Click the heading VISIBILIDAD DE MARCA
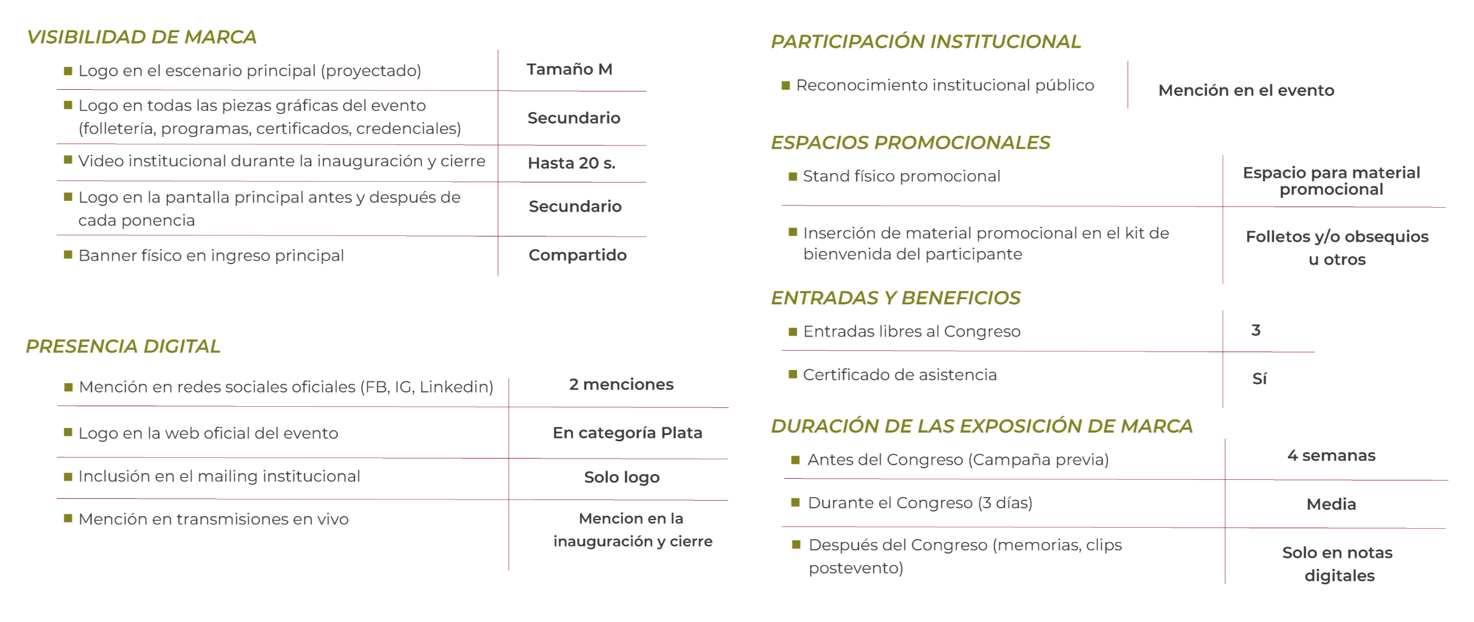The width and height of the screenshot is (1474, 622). pos(142,37)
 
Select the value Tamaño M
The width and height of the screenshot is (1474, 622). pos(569,70)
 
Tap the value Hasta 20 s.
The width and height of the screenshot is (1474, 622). pos(571,163)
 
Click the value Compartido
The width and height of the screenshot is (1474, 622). pos(578,255)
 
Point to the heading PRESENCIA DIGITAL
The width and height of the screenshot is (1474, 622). pos(123,346)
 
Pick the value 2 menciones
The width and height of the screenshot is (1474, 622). pos(621,384)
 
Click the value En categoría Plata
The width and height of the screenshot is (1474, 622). pos(628,433)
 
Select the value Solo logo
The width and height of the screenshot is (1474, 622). pos(622,477)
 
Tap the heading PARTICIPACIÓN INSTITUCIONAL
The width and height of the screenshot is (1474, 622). pos(926,41)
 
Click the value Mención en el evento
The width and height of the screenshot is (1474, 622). pos(1246,90)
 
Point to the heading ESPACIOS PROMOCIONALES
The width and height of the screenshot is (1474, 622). pos(910,143)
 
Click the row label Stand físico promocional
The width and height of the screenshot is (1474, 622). pos(902,176)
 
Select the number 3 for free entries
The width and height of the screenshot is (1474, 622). pos(1256,330)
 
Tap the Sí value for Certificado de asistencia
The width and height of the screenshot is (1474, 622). pos(1259,379)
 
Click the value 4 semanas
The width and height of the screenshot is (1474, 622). pos(1331,456)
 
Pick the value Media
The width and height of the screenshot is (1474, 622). pos(1331,504)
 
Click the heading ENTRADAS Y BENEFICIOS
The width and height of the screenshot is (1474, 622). pos(895,297)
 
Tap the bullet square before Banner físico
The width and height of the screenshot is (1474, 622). pos(68,254)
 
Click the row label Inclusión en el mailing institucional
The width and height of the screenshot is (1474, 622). pos(219,476)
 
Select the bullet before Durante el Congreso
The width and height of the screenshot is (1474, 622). pos(795,502)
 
